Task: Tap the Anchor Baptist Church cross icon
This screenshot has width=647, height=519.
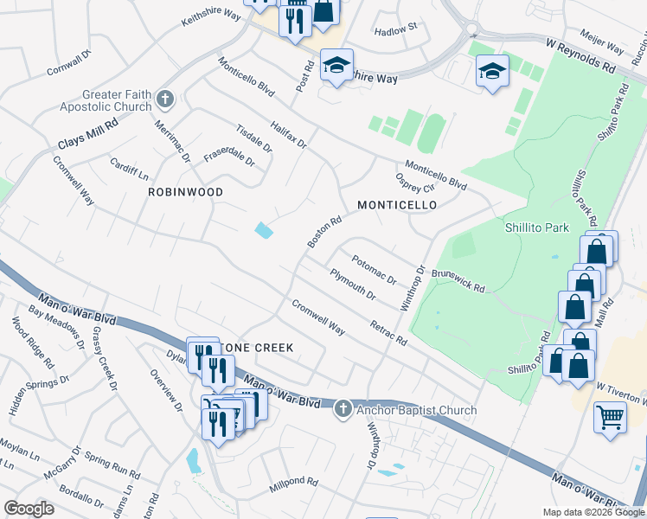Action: [x=343, y=408]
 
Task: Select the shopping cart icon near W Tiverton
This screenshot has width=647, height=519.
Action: [x=610, y=417]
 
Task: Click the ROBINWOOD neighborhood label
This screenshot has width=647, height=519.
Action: [x=185, y=192]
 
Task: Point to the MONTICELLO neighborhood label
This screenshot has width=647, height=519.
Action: [x=397, y=205]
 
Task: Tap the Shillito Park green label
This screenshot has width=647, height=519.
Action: [x=537, y=227]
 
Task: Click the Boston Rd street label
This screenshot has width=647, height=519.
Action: [x=325, y=231]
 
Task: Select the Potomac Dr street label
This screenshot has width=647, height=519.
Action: [x=373, y=268]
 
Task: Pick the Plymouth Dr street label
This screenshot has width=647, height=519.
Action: [x=353, y=285]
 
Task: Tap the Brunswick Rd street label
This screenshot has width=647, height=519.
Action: [x=458, y=279]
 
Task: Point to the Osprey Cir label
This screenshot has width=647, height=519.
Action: [x=414, y=182]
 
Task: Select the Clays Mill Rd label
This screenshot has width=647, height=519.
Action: [x=87, y=130]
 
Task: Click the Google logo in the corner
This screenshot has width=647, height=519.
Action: [x=29, y=509]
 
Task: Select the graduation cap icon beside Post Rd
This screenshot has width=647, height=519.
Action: [x=336, y=65]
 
